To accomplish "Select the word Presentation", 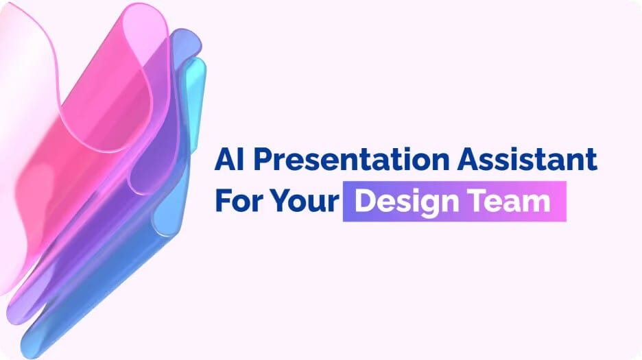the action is pyautogui.click(x=351, y=159).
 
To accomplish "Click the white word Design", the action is pyautogui.click(x=407, y=202).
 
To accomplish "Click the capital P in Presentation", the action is pyautogui.click(x=263, y=159).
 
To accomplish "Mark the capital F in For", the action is pyautogui.click(x=223, y=201).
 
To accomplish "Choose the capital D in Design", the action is pyautogui.click(x=365, y=201).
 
